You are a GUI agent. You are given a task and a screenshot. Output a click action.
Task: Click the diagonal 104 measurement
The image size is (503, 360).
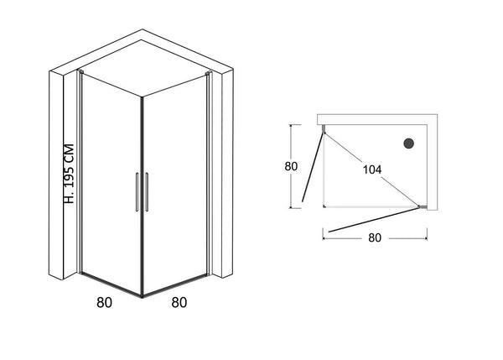pyautogui.click(x=373, y=169)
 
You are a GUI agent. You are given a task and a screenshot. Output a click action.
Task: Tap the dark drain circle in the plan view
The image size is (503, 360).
pyautogui.click(x=410, y=143)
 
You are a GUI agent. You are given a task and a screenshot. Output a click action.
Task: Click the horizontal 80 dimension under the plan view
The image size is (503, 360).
pyautogui.click(x=375, y=237)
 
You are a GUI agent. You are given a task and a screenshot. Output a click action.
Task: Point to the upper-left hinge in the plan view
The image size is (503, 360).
pyautogui.click(x=324, y=128)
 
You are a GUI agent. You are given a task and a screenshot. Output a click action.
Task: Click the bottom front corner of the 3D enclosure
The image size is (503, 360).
pyautogui.click(x=142, y=295)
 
